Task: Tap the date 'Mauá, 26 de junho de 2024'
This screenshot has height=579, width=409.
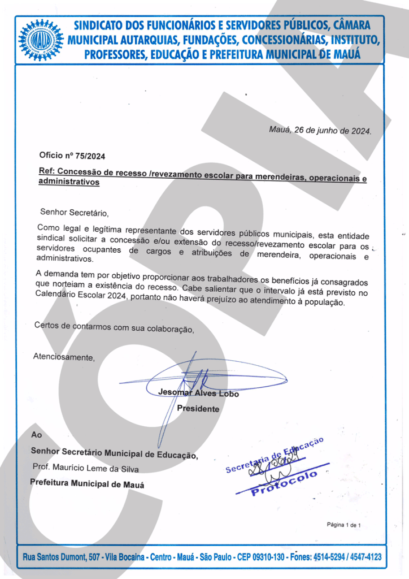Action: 320,130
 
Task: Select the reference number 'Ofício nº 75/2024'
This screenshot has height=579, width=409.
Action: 72,156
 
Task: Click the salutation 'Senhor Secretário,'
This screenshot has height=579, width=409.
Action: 73,213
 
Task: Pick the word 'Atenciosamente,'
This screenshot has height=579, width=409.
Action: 64,357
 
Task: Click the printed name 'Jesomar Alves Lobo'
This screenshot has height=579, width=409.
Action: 198,393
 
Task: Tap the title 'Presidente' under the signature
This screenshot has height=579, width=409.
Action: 198,408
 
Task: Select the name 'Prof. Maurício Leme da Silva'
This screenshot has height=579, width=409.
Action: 86,469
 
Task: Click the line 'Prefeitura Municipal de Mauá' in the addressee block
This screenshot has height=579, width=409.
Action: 86,485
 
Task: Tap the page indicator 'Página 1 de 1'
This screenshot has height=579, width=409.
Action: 343,525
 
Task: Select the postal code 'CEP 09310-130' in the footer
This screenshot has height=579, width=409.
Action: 260,558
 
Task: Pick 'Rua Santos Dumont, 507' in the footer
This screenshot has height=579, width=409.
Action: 55,558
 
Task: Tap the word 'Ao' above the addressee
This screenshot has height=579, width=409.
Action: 36,435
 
